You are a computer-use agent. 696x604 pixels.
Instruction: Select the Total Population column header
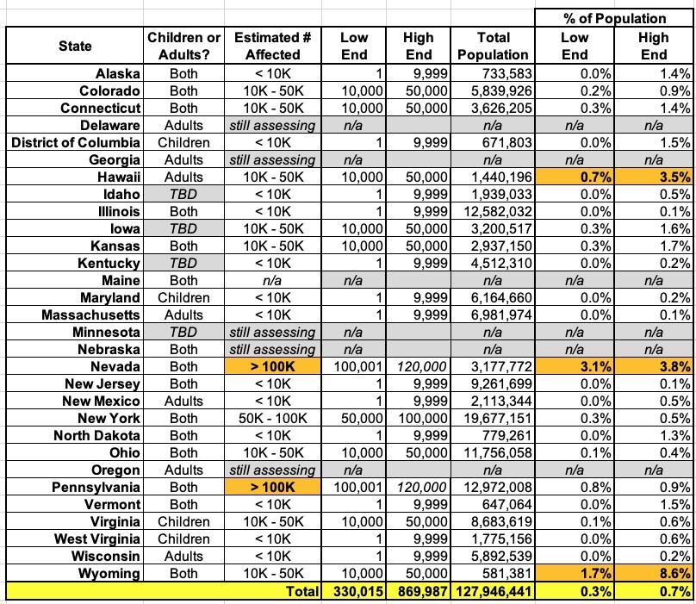click(x=494, y=47)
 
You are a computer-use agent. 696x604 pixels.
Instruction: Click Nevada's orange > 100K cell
click(x=273, y=366)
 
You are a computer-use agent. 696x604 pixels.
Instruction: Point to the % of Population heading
click(x=612, y=17)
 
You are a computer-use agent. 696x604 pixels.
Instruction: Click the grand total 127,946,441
click(x=494, y=591)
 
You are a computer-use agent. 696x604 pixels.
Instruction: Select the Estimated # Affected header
click(x=272, y=47)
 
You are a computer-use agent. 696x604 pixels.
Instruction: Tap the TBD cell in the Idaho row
click(x=183, y=194)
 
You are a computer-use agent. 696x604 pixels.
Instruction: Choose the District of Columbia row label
click(x=75, y=142)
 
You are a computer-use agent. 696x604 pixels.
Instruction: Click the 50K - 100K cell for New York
click(x=272, y=418)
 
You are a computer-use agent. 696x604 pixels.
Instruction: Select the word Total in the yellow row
click(x=301, y=591)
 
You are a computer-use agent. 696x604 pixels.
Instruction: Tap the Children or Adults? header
click(x=184, y=47)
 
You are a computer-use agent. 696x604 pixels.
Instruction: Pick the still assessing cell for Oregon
click(x=272, y=470)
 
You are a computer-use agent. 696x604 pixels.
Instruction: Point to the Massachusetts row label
click(x=90, y=314)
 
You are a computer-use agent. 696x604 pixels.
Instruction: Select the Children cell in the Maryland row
click(x=183, y=297)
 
